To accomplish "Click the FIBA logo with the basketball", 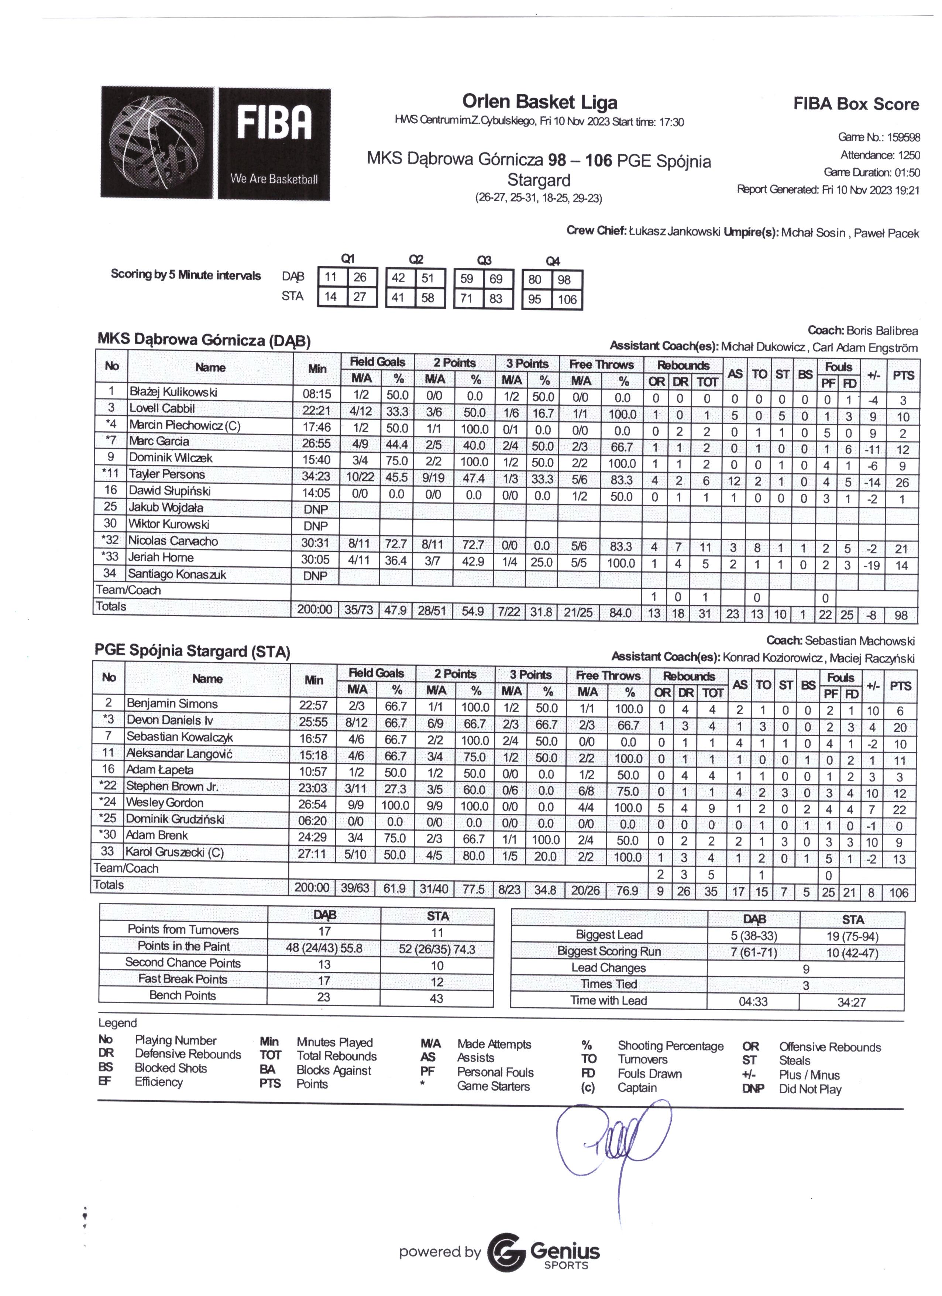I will [x=215, y=143].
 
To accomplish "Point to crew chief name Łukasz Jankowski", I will [x=674, y=232].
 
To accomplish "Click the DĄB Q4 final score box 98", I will [x=567, y=280].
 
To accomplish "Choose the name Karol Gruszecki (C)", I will [x=174, y=852].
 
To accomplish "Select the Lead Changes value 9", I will [x=805, y=969].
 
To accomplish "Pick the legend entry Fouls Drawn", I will [x=650, y=1074].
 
